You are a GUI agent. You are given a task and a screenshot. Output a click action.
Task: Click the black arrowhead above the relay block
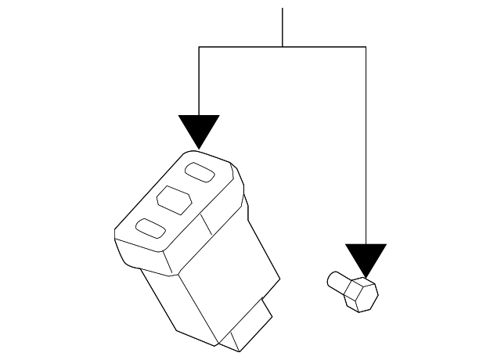pos(199,128)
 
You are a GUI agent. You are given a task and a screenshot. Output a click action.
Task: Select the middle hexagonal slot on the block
pos(174,198)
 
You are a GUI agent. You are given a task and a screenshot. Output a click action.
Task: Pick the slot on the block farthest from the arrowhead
pos(151,229)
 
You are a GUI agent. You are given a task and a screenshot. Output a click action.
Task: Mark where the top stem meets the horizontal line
pos(283,47)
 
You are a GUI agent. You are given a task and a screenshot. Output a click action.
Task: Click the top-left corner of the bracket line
pos(200,47)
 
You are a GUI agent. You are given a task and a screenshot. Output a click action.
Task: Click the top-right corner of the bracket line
pos(366,47)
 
